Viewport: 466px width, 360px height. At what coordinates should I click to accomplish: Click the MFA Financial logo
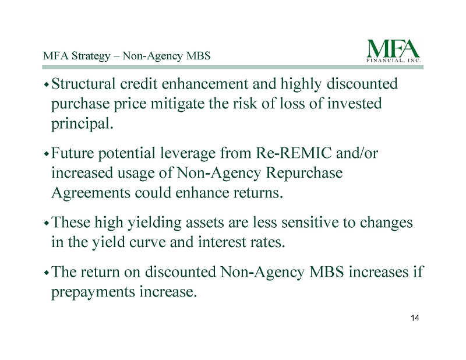tap(394, 51)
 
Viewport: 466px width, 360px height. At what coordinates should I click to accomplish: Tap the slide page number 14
tap(415, 318)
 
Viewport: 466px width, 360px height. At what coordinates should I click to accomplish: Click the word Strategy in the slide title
tap(91, 56)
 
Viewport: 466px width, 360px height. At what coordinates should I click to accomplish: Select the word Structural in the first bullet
tap(83, 83)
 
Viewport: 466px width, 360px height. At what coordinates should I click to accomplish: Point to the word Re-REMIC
tap(294, 153)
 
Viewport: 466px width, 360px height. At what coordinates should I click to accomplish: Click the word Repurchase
tap(304, 174)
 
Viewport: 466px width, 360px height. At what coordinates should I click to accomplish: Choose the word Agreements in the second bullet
tap(91, 193)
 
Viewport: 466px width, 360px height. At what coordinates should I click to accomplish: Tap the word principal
tap(82, 124)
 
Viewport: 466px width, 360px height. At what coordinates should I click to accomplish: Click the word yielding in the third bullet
tap(154, 223)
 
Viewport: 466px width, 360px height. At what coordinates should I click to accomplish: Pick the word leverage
tap(188, 154)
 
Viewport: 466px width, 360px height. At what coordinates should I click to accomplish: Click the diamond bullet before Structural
tap(46, 85)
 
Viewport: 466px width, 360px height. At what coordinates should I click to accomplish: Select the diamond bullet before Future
tap(46, 154)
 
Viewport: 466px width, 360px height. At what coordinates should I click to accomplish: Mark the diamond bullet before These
tap(46, 224)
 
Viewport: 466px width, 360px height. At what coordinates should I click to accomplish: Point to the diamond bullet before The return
tap(46, 273)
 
